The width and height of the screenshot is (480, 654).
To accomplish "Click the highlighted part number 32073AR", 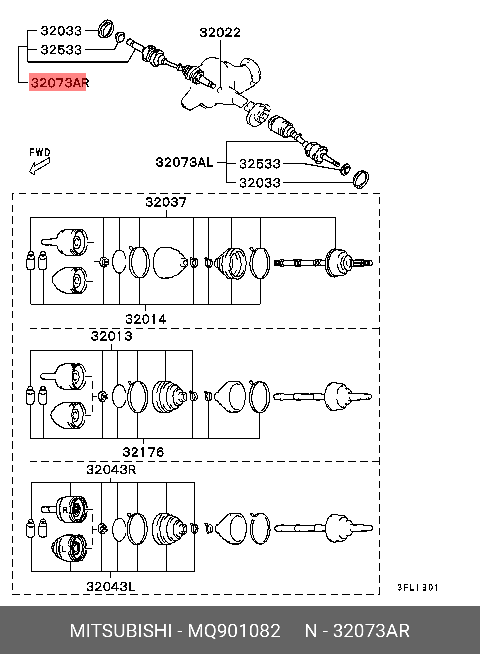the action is click(x=60, y=83).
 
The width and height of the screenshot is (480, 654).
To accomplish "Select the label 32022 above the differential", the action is click(x=220, y=32).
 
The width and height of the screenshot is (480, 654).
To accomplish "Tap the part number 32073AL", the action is click(x=185, y=162).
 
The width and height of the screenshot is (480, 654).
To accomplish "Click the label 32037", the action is click(x=166, y=202).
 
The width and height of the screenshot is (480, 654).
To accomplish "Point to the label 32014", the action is click(x=146, y=319).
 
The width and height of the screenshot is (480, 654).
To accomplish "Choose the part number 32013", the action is click(x=112, y=336).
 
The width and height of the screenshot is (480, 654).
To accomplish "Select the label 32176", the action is click(x=143, y=452).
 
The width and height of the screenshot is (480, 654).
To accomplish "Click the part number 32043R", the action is click(x=111, y=470).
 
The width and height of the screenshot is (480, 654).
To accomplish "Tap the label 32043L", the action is click(x=111, y=586).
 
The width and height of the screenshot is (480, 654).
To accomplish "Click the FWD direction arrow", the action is click(x=40, y=166).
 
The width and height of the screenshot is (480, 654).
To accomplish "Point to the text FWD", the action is click(x=40, y=152).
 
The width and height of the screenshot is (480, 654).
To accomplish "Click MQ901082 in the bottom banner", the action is click(x=234, y=631).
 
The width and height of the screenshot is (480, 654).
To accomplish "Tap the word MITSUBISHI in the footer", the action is click(x=120, y=631).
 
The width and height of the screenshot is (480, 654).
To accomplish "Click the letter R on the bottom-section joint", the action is click(x=65, y=510).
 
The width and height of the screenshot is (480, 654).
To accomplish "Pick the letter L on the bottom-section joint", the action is click(x=64, y=549).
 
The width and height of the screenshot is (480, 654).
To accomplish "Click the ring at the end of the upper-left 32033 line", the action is click(x=105, y=29).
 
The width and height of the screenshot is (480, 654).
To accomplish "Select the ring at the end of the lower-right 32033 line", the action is click(x=361, y=179).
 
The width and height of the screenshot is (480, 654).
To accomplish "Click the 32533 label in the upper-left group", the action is click(x=61, y=50).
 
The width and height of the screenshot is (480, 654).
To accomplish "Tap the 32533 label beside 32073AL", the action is click(x=260, y=164).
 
